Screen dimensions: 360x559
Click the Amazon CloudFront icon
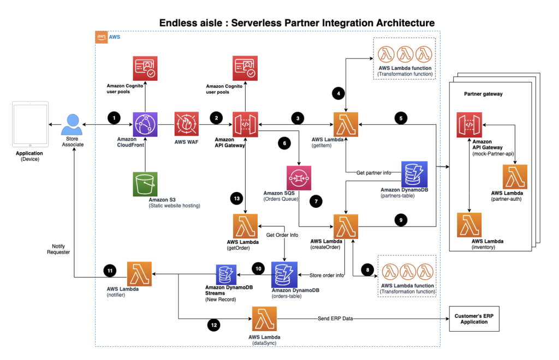[x=145, y=124]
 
